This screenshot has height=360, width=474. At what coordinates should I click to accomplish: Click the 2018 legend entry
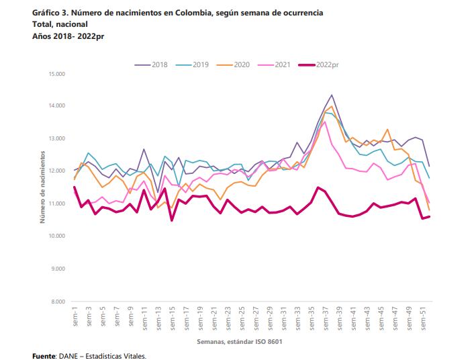pyautogui.click(x=159, y=64)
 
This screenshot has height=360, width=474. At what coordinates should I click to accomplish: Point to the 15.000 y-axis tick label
pyautogui.click(x=56, y=73)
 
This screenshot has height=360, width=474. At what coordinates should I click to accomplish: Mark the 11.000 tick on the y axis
pyautogui.click(x=56, y=204)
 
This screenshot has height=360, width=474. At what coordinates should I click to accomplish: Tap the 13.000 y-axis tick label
pyautogui.click(x=56, y=138)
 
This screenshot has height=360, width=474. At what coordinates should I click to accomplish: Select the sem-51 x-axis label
pyautogui.click(x=423, y=317)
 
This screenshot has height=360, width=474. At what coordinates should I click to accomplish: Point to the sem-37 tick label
pyautogui.click(x=325, y=317)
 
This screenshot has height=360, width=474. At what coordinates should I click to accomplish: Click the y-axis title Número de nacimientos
pyautogui.click(x=42, y=187)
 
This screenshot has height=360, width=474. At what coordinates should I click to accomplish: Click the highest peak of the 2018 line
pyautogui.click(x=332, y=95)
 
